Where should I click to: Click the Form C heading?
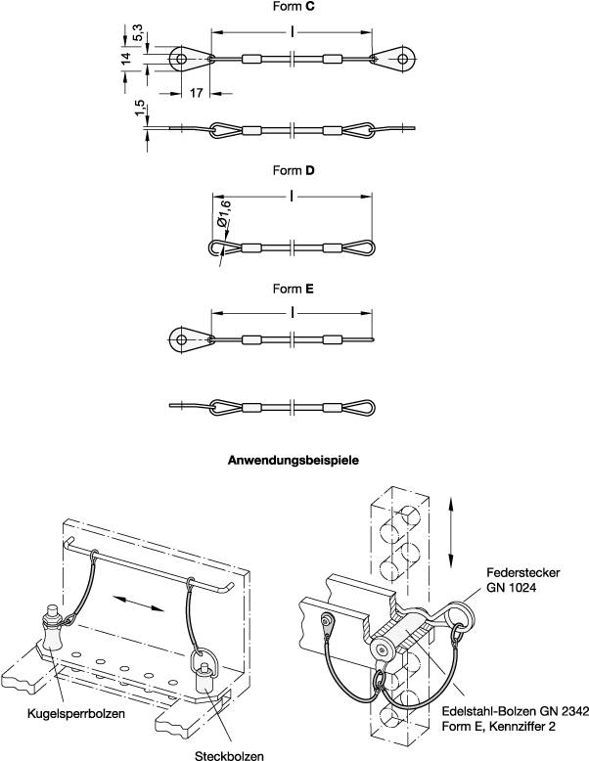294,7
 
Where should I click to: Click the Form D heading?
294,170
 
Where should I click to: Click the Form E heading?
294,290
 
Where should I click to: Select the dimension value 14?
124,59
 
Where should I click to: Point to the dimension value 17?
196,94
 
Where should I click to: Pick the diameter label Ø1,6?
223,209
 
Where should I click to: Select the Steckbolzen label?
230,754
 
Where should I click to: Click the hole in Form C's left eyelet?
182,59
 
